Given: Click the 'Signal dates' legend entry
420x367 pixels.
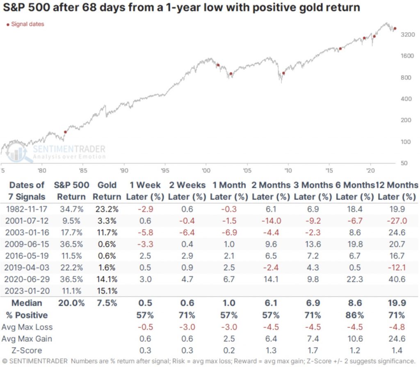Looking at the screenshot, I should tap(25, 24).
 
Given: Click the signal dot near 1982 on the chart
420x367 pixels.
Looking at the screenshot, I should tap(65, 132).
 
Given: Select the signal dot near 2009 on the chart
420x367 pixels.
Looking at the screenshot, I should tap(283, 73).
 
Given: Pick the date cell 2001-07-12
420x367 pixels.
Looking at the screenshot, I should tap(27, 221).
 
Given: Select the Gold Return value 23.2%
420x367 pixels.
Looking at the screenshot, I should tap(107, 210).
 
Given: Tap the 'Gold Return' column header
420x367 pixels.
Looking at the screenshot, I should tap(107, 191).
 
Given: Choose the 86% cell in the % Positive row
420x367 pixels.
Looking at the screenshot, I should tap(355, 315).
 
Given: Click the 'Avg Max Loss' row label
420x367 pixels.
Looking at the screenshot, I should tap(27, 327).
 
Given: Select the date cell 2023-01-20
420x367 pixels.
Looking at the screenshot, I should tap(27, 292).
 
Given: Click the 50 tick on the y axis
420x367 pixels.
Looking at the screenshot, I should tap(404, 163).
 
